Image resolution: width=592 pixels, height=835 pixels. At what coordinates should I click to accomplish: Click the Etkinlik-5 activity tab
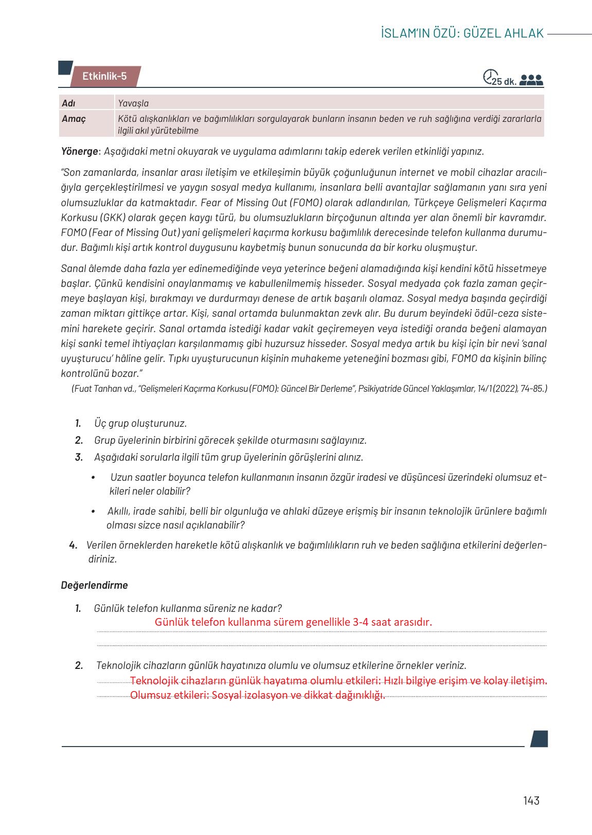(104, 77)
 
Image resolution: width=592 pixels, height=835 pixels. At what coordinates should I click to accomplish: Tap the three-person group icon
(531, 80)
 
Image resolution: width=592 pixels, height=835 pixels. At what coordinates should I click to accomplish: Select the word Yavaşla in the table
(133, 103)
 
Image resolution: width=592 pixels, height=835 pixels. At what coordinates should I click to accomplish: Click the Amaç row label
(74, 119)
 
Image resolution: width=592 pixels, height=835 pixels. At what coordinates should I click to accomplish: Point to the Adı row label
(68, 103)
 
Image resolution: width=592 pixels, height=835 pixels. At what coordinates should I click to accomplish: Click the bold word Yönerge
(79, 152)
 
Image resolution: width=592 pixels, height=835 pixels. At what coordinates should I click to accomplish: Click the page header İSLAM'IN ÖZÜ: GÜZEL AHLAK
(462, 33)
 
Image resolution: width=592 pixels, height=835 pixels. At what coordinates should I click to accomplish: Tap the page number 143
(531, 801)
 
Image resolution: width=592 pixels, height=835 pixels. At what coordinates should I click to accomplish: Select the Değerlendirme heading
(94, 585)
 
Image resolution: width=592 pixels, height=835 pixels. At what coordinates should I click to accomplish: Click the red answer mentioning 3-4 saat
(293, 622)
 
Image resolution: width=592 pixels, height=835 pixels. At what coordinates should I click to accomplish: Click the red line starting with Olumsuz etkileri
(257, 696)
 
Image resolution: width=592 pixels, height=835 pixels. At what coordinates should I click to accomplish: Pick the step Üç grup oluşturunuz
(140, 423)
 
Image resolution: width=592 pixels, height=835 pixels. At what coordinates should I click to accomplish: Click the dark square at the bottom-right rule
(539, 739)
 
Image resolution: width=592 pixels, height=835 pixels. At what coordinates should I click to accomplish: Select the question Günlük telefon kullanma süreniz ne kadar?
(188, 608)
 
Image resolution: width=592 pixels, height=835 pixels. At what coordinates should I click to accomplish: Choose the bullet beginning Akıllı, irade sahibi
(327, 512)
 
